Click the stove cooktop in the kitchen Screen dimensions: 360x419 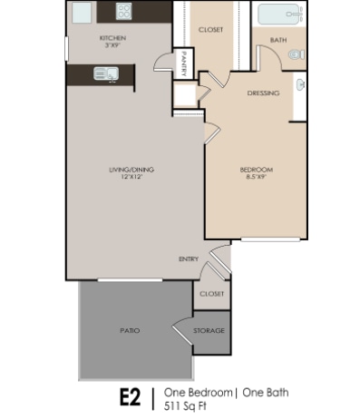124,11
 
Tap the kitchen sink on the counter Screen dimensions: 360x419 106,73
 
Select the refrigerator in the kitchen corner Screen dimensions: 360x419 82,13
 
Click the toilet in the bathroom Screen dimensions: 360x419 297,54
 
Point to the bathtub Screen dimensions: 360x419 280,14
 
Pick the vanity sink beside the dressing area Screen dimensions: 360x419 300,84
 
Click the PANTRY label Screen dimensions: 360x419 184,63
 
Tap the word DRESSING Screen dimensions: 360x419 263,93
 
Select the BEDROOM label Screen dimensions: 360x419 257,170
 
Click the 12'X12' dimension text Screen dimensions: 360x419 131,177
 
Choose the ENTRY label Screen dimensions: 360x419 189,259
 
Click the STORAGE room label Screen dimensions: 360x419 209,331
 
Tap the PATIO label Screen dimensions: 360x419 130,331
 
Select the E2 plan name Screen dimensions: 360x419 131,397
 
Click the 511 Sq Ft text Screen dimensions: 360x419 185,406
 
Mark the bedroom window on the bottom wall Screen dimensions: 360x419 270,239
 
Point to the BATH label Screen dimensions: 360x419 278,40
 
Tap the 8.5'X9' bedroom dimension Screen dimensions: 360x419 257,177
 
